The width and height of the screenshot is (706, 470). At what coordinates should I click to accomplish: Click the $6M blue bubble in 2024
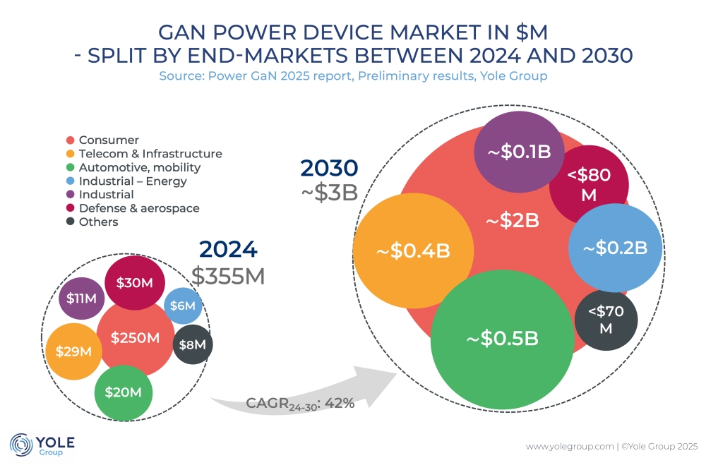click(x=184, y=306)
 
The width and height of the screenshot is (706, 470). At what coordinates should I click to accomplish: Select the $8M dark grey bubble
click(x=192, y=344)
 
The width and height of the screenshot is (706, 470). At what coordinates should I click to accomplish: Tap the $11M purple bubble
click(x=81, y=299)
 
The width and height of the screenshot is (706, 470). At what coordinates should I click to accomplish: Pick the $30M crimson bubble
click(x=135, y=282)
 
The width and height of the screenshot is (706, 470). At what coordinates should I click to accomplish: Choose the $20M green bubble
click(x=124, y=392)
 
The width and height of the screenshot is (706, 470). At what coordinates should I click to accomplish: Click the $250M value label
click(x=135, y=338)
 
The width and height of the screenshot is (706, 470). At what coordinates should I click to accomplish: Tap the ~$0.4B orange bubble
click(x=413, y=250)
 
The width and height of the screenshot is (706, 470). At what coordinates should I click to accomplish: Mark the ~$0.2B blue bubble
click(x=615, y=248)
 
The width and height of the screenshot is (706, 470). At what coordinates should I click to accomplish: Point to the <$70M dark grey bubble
click(x=606, y=319)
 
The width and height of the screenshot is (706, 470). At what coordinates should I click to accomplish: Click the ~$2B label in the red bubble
click(x=513, y=220)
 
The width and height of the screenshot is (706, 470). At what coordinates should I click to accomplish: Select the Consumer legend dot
click(x=71, y=140)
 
